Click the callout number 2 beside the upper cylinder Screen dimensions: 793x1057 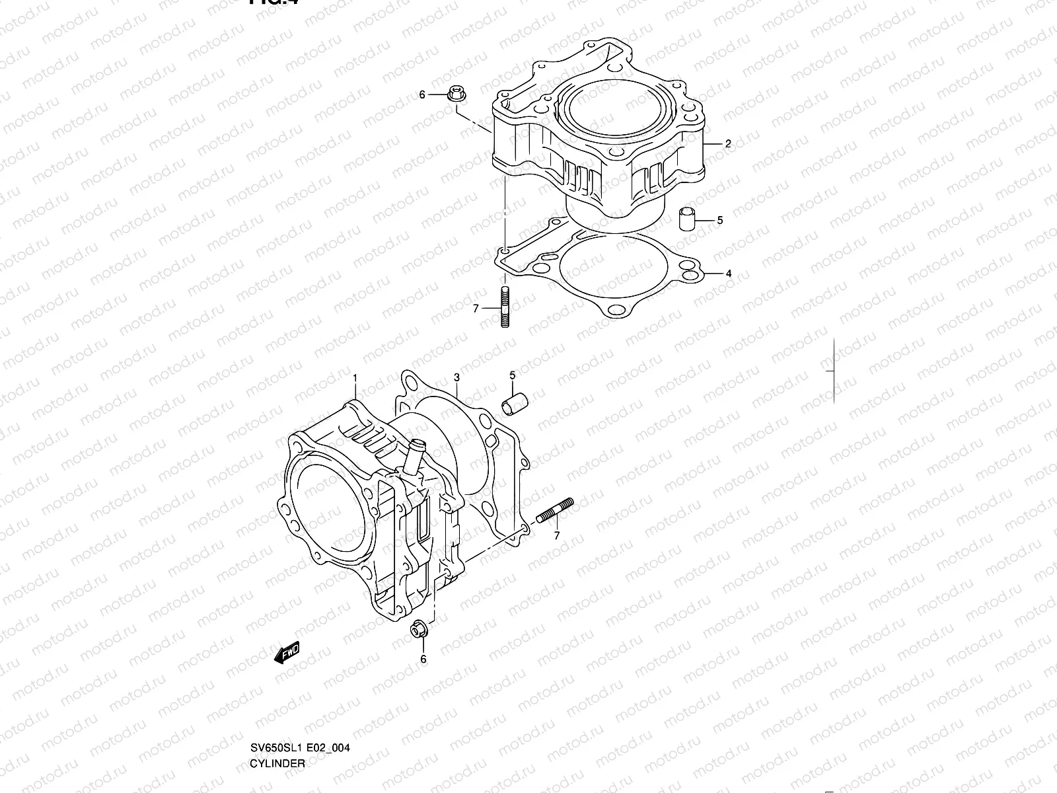click(728, 143)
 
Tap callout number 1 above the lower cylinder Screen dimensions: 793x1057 click(355, 378)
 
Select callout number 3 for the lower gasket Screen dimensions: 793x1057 click(456, 378)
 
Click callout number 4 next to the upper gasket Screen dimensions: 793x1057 click(728, 273)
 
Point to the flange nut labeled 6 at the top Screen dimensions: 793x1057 click(455, 94)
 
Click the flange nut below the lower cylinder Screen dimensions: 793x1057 click(417, 630)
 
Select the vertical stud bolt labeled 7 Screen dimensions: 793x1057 click(505, 307)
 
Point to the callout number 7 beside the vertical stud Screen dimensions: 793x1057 click(475, 308)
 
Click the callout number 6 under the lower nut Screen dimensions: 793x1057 click(423, 659)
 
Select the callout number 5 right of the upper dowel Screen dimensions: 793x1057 click(719, 220)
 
